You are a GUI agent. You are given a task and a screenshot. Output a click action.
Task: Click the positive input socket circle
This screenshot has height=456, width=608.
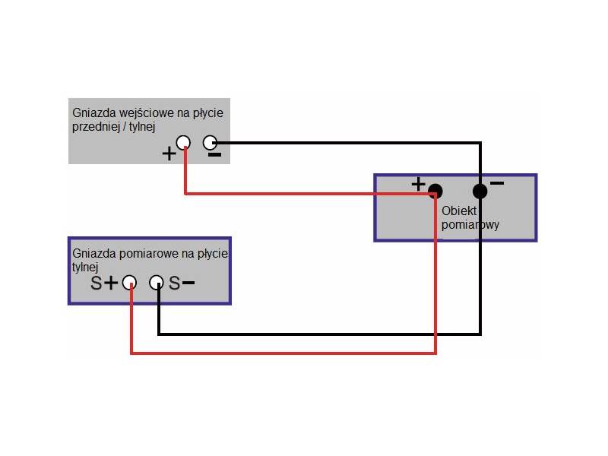click(x=183, y=142)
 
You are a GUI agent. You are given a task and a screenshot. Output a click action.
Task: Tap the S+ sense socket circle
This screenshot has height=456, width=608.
click(x=130, y=283)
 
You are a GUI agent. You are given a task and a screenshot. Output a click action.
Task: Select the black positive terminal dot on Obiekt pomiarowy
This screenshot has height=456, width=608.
click(x=435, y=190)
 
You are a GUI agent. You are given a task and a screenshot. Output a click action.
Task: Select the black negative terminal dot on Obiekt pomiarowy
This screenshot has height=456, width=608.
click(x=480, y=190)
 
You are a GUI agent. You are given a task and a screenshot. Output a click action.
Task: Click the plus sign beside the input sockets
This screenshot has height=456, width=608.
click(x=169, y=154)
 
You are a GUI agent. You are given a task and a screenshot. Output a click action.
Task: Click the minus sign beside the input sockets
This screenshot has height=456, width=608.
click(x=215, y=155)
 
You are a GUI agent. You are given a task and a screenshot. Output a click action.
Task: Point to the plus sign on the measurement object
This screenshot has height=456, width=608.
click(x=417, y=183)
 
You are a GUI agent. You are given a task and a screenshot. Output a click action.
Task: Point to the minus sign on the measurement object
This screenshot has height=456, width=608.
click(x=497, y=183)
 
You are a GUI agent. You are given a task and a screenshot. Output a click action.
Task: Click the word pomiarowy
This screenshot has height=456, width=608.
click(x=470, y=225)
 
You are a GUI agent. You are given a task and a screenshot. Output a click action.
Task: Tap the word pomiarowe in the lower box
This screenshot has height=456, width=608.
click(x=142, y=253)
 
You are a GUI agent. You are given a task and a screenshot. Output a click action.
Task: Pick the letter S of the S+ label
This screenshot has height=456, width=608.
click(x=96, y=283)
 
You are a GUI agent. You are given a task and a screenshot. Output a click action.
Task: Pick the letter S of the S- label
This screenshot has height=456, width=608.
click(x=174, y=283)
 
